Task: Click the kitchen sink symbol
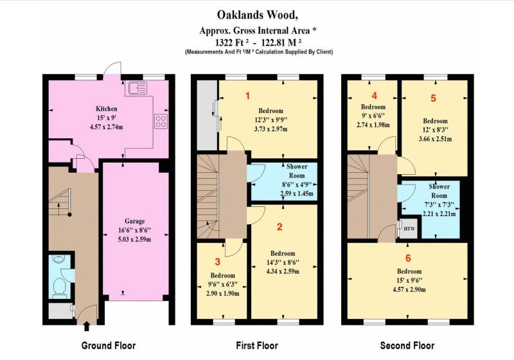[x=138, y=87]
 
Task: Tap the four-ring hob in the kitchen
[x=161, y=121]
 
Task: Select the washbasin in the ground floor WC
[x=59, y=259]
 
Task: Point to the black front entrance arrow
[x=87, y=326]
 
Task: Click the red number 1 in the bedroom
[x=248, y=96]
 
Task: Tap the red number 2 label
[x=279, y=226]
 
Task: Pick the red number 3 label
[x=218, y=261]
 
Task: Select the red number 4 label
[x=375, y=95]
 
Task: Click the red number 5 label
[x=433, y=98]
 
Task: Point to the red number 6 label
[x=408, y=258]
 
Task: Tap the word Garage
[x=134, y=221]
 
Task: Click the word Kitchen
[x=106, y=109]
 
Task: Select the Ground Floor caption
[x=109, y=346]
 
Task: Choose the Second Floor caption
[x=407, y=346]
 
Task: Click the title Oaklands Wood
[x=258, y=15]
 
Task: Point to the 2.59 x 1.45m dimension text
[x=297, y=194]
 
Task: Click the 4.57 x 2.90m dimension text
[x=409, y=289]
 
